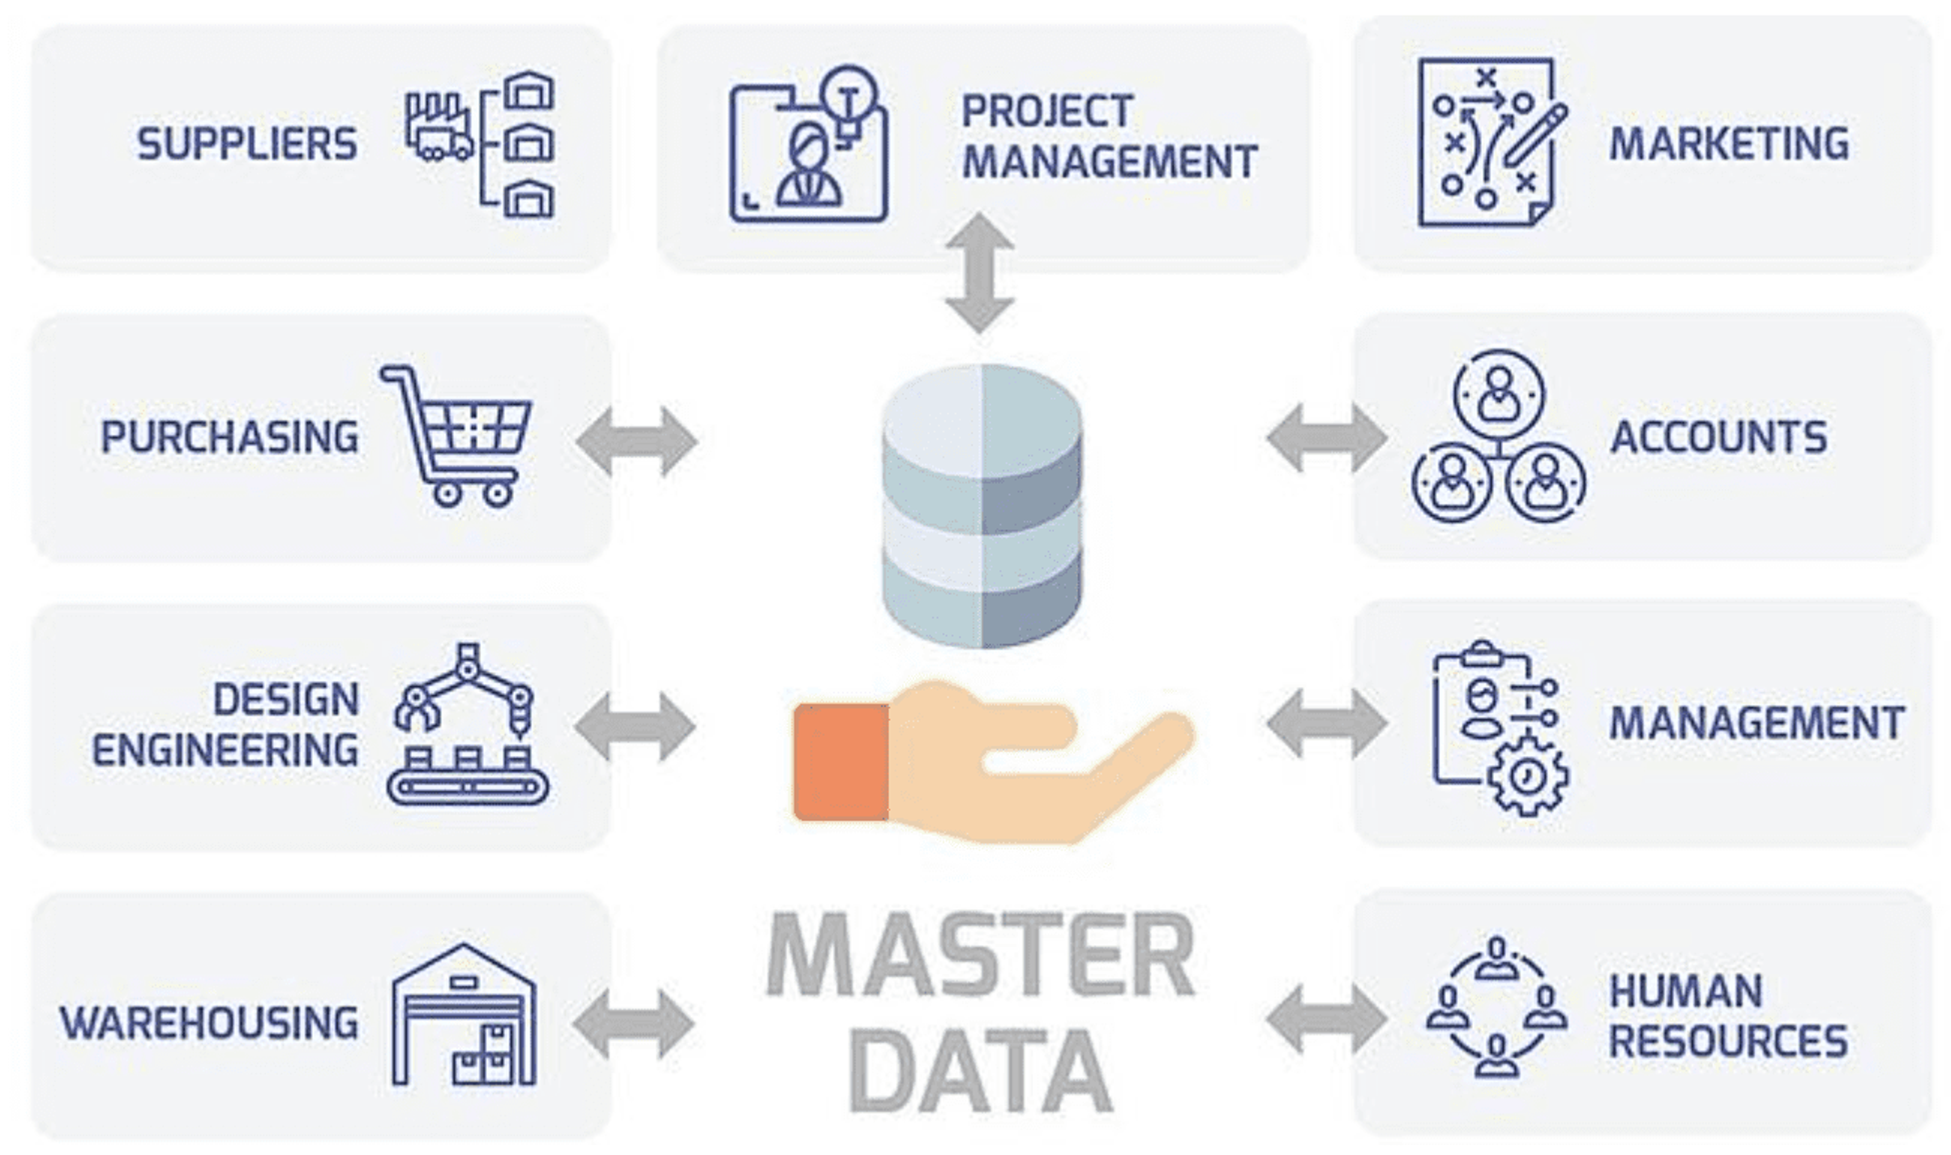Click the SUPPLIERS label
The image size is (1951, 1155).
tap(247, 144)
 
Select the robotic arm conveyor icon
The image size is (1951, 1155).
tap(467, 724)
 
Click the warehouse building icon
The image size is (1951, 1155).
tap(464, 1016)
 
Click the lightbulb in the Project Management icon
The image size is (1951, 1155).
tap(850, 101)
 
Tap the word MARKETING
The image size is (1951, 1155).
tap(1728, 144)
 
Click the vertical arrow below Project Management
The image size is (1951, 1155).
tap(980, 272)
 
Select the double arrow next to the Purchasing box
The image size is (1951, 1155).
tap(636, 440)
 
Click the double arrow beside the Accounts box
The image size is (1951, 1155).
tap(1327, 437)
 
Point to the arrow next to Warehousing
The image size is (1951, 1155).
tap(634, 1023)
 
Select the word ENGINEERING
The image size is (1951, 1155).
tap(225, 750)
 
